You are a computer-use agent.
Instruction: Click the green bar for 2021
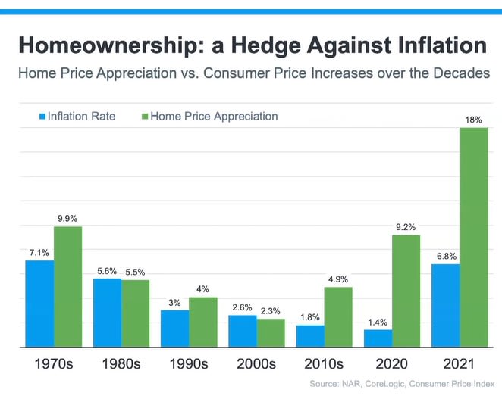[x=474, y=237]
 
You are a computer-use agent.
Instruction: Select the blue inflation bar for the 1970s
[x=39, y=304]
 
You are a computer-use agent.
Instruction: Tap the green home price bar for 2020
[x=406, y=291]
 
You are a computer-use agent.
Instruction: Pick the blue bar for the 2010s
[x=311, y=336]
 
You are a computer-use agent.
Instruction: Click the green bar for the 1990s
[x=202, y=322]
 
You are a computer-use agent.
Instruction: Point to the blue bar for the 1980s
[x=108, y=313]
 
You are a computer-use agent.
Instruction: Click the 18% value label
[x=474, y=120]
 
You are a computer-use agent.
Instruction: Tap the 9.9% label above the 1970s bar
[x=68, y=218]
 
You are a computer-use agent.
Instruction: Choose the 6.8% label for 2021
[x=445, y=255]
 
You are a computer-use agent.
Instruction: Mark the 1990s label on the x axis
[x=188, y=363]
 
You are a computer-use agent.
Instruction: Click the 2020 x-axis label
[x=393, y=363]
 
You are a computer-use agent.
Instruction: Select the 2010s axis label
[x=324, y=363]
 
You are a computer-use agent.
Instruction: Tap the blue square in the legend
[x=42, y=117]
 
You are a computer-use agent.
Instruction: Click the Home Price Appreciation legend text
[x=214, y=117]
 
